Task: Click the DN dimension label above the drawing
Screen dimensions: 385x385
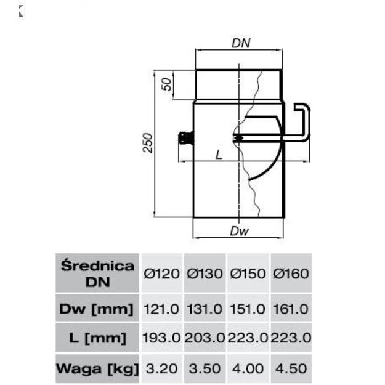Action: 241,43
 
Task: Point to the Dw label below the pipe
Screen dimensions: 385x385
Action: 239,231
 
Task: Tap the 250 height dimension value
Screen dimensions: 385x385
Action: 148,143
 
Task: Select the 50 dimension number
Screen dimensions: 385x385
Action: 167,84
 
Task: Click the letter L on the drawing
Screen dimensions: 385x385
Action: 219,155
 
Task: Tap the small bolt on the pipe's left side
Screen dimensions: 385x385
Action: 186,138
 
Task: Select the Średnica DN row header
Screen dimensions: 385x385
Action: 97,274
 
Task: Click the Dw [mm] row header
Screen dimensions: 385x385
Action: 96,309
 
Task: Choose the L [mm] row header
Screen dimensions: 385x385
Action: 98,338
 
